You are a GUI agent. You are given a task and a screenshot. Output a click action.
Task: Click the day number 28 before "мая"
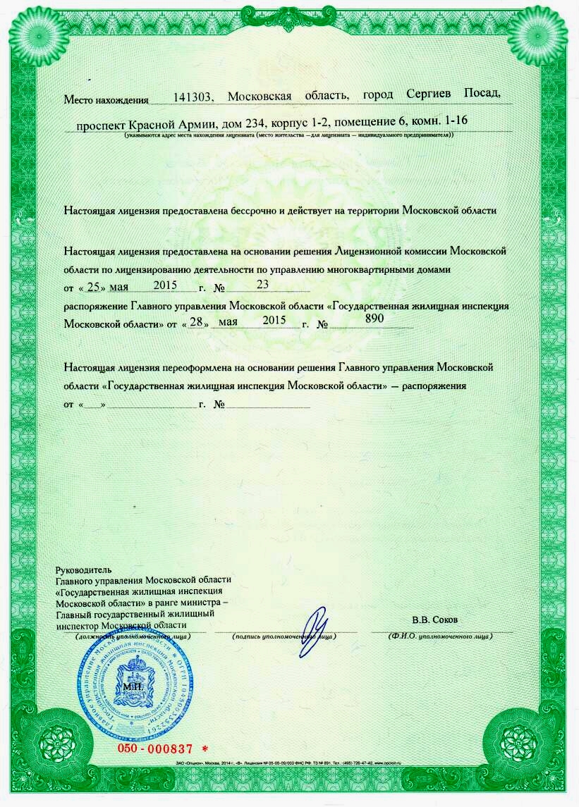point(197,323)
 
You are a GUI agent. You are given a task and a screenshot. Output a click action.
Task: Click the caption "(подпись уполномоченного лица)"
point(284,636)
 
